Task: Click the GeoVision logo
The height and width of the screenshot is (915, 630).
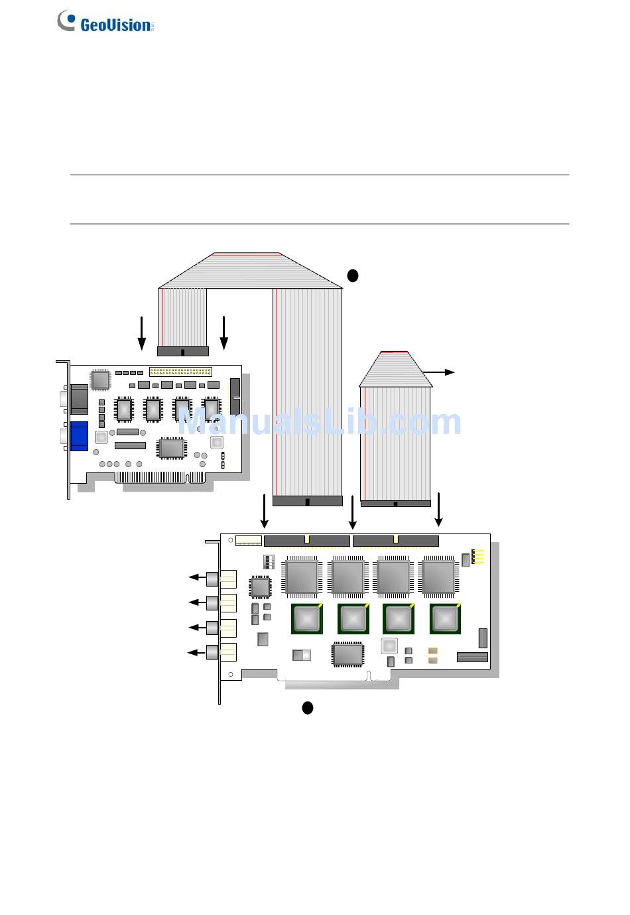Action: point(105,21)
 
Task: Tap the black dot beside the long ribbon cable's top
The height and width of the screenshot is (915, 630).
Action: point(352,275)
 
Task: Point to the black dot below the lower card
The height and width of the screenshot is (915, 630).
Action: point(308,707)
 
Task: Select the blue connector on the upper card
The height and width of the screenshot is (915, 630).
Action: point(79,436)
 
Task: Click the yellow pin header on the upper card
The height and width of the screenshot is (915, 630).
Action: point(180,372)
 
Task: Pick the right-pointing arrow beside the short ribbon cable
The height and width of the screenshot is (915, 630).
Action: point(438,372)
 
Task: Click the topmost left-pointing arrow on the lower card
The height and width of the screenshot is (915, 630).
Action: point(197,577)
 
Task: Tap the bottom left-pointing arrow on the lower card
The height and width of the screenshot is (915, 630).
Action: point(196,653)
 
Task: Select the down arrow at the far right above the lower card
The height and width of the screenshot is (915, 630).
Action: point(438,510)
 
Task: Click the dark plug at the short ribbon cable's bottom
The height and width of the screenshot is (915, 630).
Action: point(396,504)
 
